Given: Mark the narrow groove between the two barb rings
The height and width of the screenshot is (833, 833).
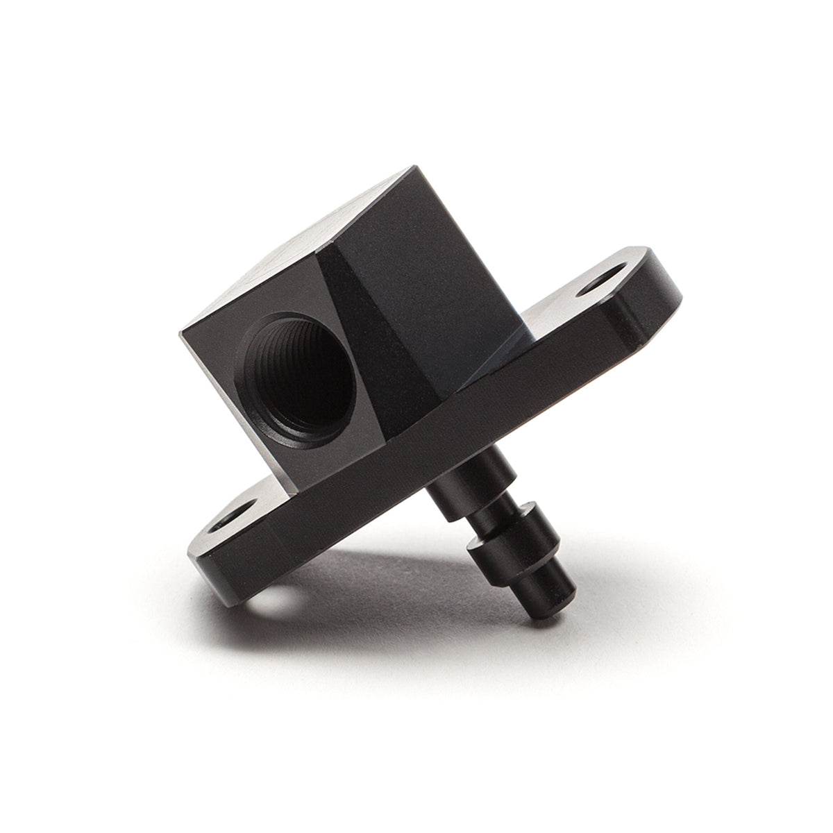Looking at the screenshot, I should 486,517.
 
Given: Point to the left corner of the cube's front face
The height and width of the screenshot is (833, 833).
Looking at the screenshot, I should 182,337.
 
